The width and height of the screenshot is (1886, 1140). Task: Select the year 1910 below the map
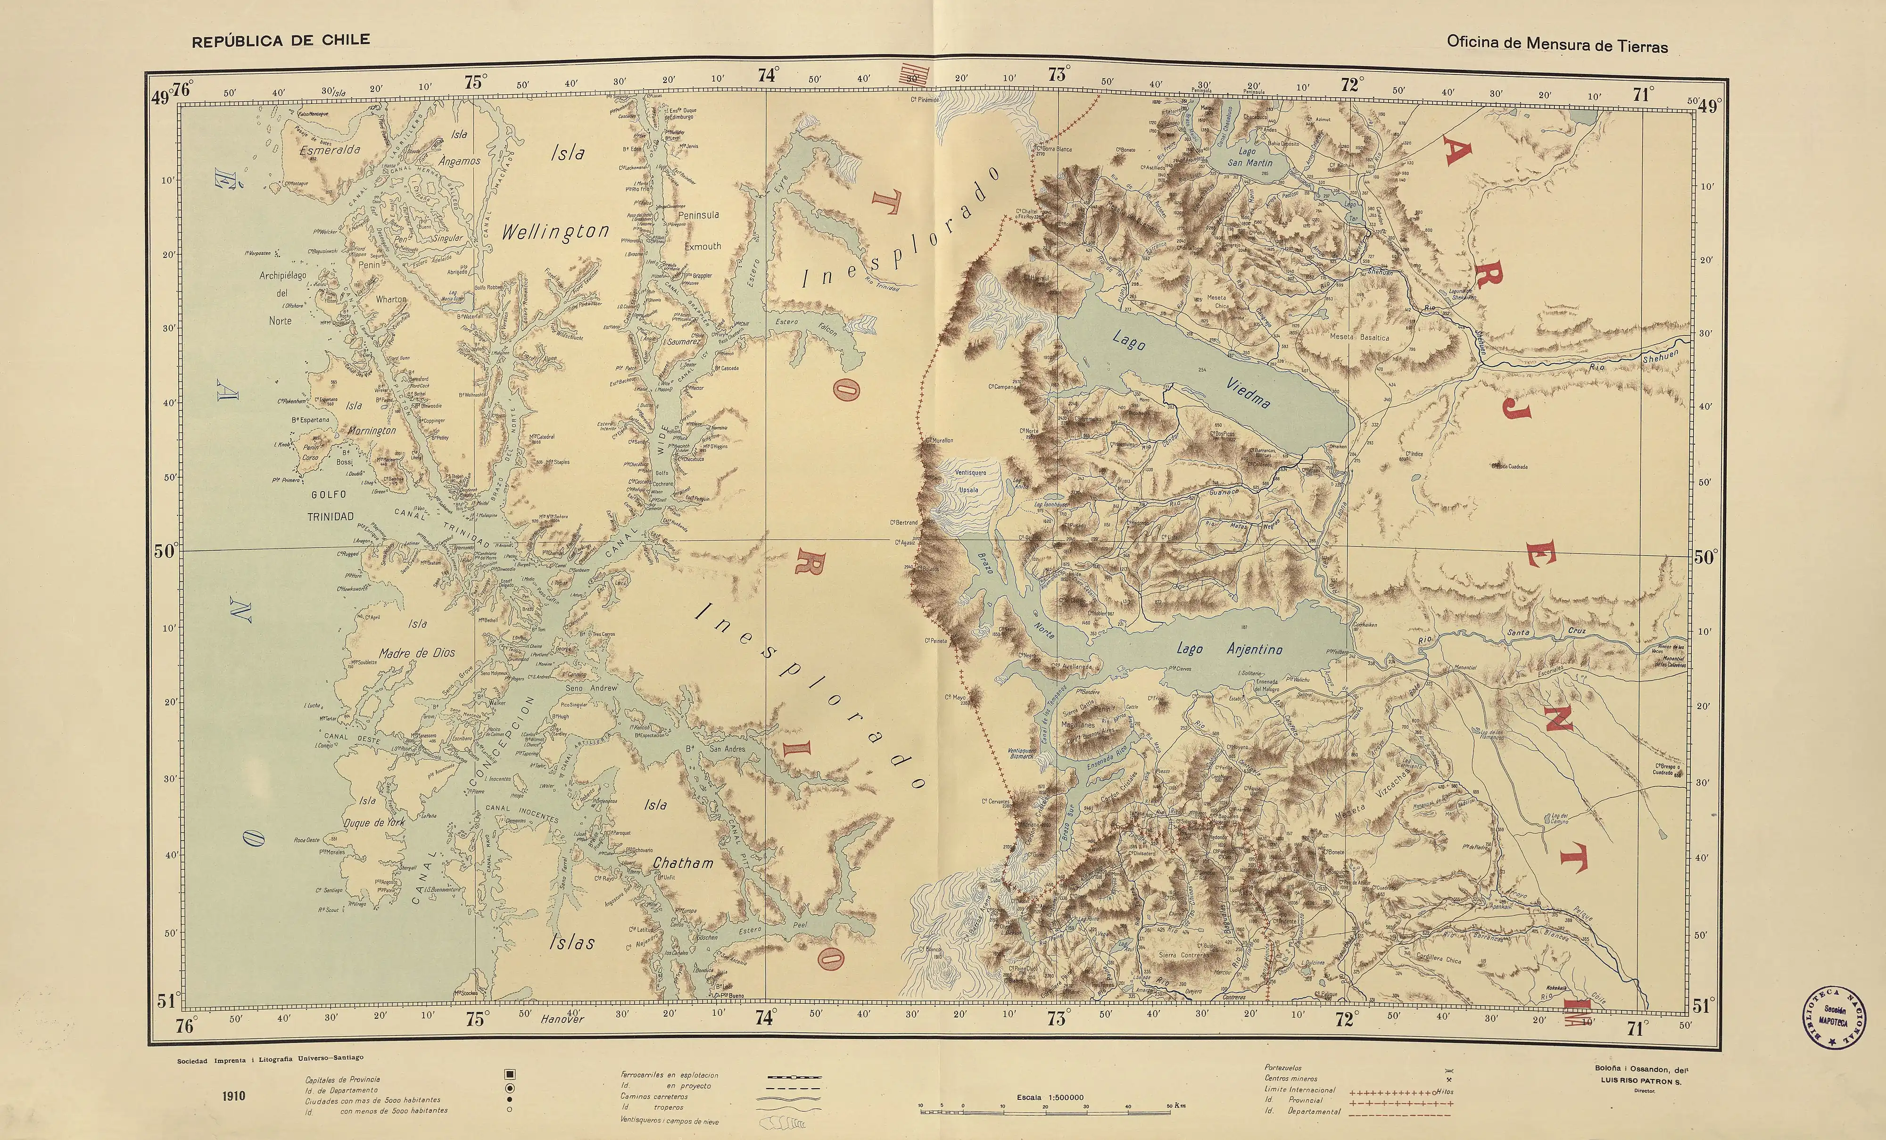pyautogui.click(x=233, y=1096)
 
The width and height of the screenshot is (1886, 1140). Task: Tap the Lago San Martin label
pyautogui.click(x=1249, y=158)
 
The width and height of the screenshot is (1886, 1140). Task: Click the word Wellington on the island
pyautogui.click(x=555, y=232)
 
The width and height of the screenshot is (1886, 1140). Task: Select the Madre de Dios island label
pyautogui.click(x=417, y=652)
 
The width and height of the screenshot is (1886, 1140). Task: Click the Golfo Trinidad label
pyautogui.click(x=330, y=505)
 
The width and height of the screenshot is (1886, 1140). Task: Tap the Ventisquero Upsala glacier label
pyautogui.click(x=970, y=481)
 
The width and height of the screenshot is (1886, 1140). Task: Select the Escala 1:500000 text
pyautogui.click(x=1050, y=1097)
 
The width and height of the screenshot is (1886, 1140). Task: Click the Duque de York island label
pyautogui.click(x=374, y=822)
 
